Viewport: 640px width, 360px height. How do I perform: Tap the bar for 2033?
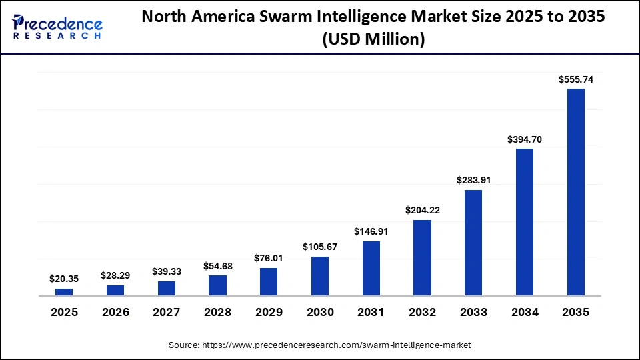click(x=473, y=243)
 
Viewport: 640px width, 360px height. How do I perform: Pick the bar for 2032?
click(x=422, y=258)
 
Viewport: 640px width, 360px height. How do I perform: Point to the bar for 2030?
click(x=320, y=276)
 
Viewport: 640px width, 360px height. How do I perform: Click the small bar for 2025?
click(x=64, y=292)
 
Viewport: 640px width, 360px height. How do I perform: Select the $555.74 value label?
click(x=575, y=79)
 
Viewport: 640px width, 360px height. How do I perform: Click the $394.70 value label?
click(x=525, y=139)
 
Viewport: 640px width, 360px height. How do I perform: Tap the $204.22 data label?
click(x=422, y=211)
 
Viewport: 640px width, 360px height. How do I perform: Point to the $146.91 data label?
click(x=371, y=232)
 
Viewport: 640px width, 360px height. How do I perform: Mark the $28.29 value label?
click(x=115, y=275)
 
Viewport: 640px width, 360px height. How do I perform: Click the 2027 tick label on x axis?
click(x=167, y=312)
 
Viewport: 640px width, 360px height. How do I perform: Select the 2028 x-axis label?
click(x=217, y=312)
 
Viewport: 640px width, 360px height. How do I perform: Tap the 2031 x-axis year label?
click(x=371, y=312)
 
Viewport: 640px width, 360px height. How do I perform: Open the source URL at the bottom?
click(x=320, y=345)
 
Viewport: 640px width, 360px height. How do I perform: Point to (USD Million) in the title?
click(x=373, y=40)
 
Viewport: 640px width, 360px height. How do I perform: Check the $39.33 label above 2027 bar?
click(x=167, y=271)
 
